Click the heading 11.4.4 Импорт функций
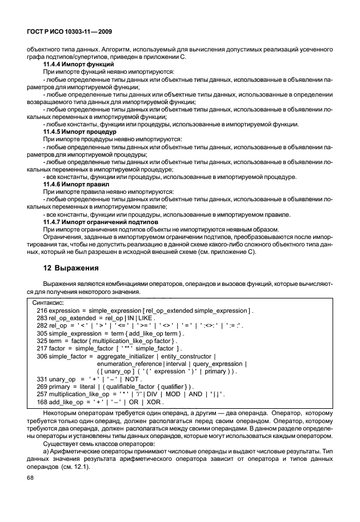pyautogui.click(x=78, y=65)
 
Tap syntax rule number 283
pyautogui.click(x=42, y=317)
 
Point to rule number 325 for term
pyautogui.click(x=42, y=340)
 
